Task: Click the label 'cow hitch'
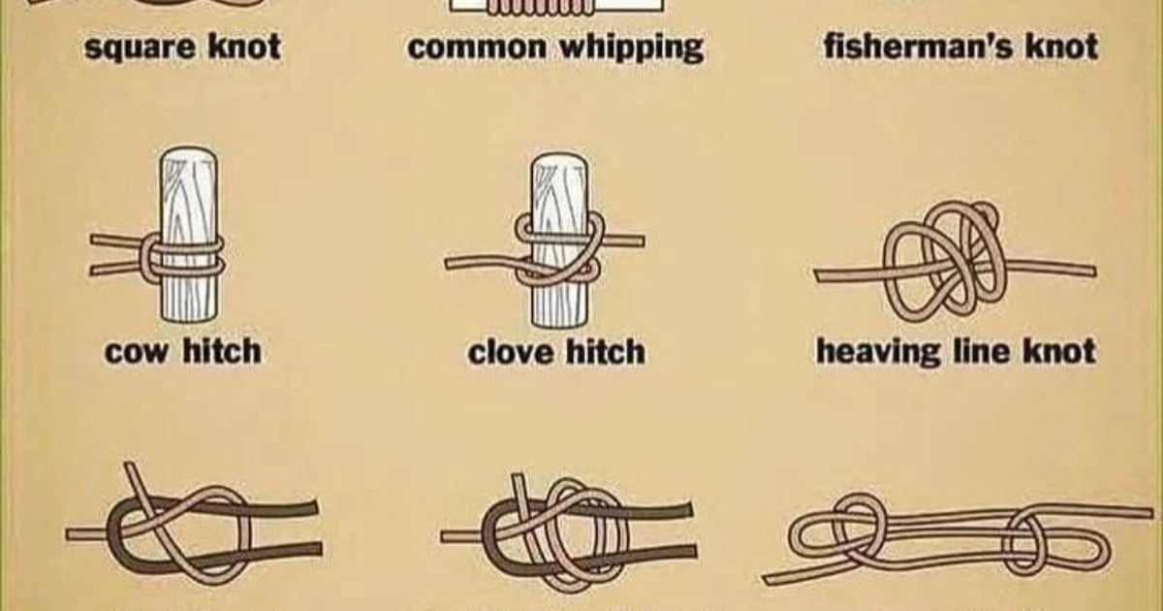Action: click(182, 350)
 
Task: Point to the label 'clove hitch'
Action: click(556, 351)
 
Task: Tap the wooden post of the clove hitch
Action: click(558, 296)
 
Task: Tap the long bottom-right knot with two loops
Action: click(955, 538)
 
